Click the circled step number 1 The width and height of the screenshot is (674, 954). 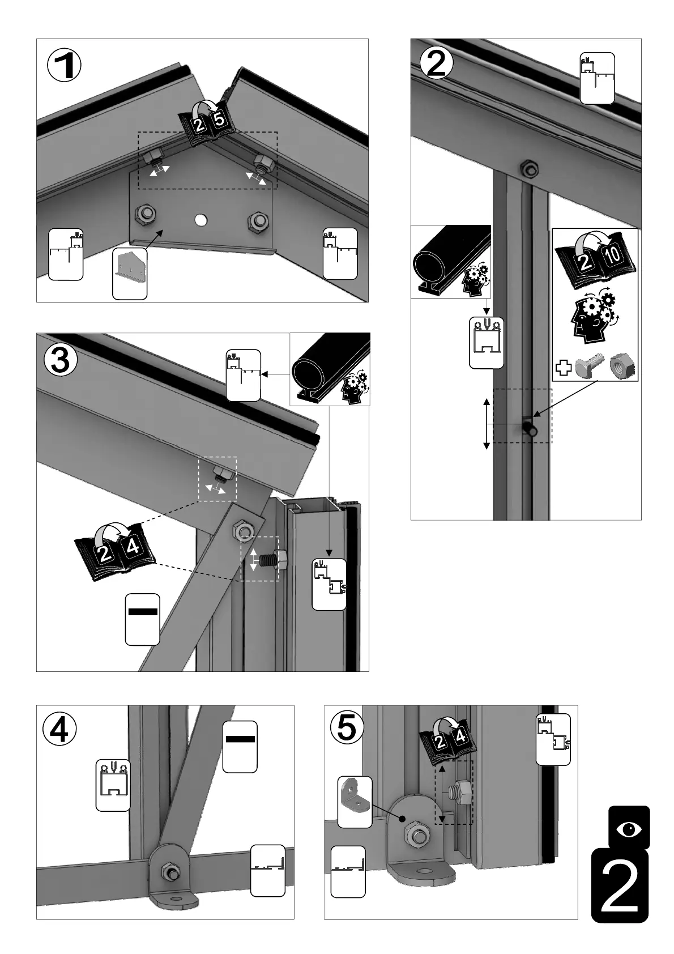point(64,66)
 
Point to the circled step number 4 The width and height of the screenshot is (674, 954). point(59,730)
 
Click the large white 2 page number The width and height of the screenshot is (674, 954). point(620,886)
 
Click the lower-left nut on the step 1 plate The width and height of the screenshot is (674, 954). point(144,214)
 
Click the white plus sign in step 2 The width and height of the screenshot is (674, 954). point(563,367)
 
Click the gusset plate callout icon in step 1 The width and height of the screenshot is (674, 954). point(130,273)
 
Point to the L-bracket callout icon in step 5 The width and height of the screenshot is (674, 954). point(355,802)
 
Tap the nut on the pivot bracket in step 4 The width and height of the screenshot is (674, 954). point(168,871)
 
